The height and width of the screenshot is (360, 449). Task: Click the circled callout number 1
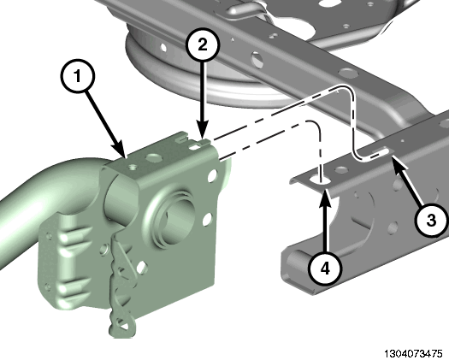point(77,76)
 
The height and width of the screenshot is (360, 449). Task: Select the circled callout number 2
point(203,44)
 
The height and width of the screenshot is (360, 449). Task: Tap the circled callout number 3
point(431,221)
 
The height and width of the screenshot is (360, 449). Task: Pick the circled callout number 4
point(325,269)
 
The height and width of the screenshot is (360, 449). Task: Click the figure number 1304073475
point(413,353)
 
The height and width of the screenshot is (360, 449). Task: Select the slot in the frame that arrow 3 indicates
point(381,150)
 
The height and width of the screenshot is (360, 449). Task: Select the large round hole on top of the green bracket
point(154,156)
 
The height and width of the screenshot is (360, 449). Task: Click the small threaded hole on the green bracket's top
point(132,167)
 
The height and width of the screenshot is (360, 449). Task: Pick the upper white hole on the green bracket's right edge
point(214,175)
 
